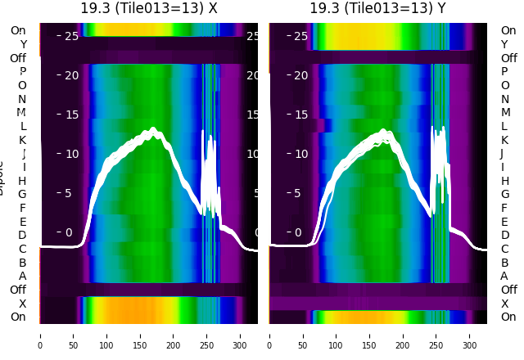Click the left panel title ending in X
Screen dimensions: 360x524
(x=149, y=8)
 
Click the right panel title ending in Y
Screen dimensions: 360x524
(x=377, y=8)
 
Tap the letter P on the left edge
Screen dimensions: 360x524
(x=23, y=72)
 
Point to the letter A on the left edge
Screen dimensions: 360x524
(x=23, y=276)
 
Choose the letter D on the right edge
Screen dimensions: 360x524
(x=504, y=235)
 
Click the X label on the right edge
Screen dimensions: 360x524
(x=504, y=304)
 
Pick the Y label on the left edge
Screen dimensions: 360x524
(x=23, y=44)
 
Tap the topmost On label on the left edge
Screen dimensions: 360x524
(x=18, y=30)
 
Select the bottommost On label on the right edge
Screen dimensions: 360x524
(x=508, y=317)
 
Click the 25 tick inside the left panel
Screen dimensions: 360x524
(x=70, y=36)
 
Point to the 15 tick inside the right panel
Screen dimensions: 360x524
(x=300, y=115)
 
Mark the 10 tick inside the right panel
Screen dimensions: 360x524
(x=300, y=154)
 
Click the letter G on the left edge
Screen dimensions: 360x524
(x=22, y=194)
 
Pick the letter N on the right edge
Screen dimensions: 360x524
(x=504, y=99)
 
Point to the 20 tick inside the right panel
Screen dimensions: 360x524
(x=300, y=75)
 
